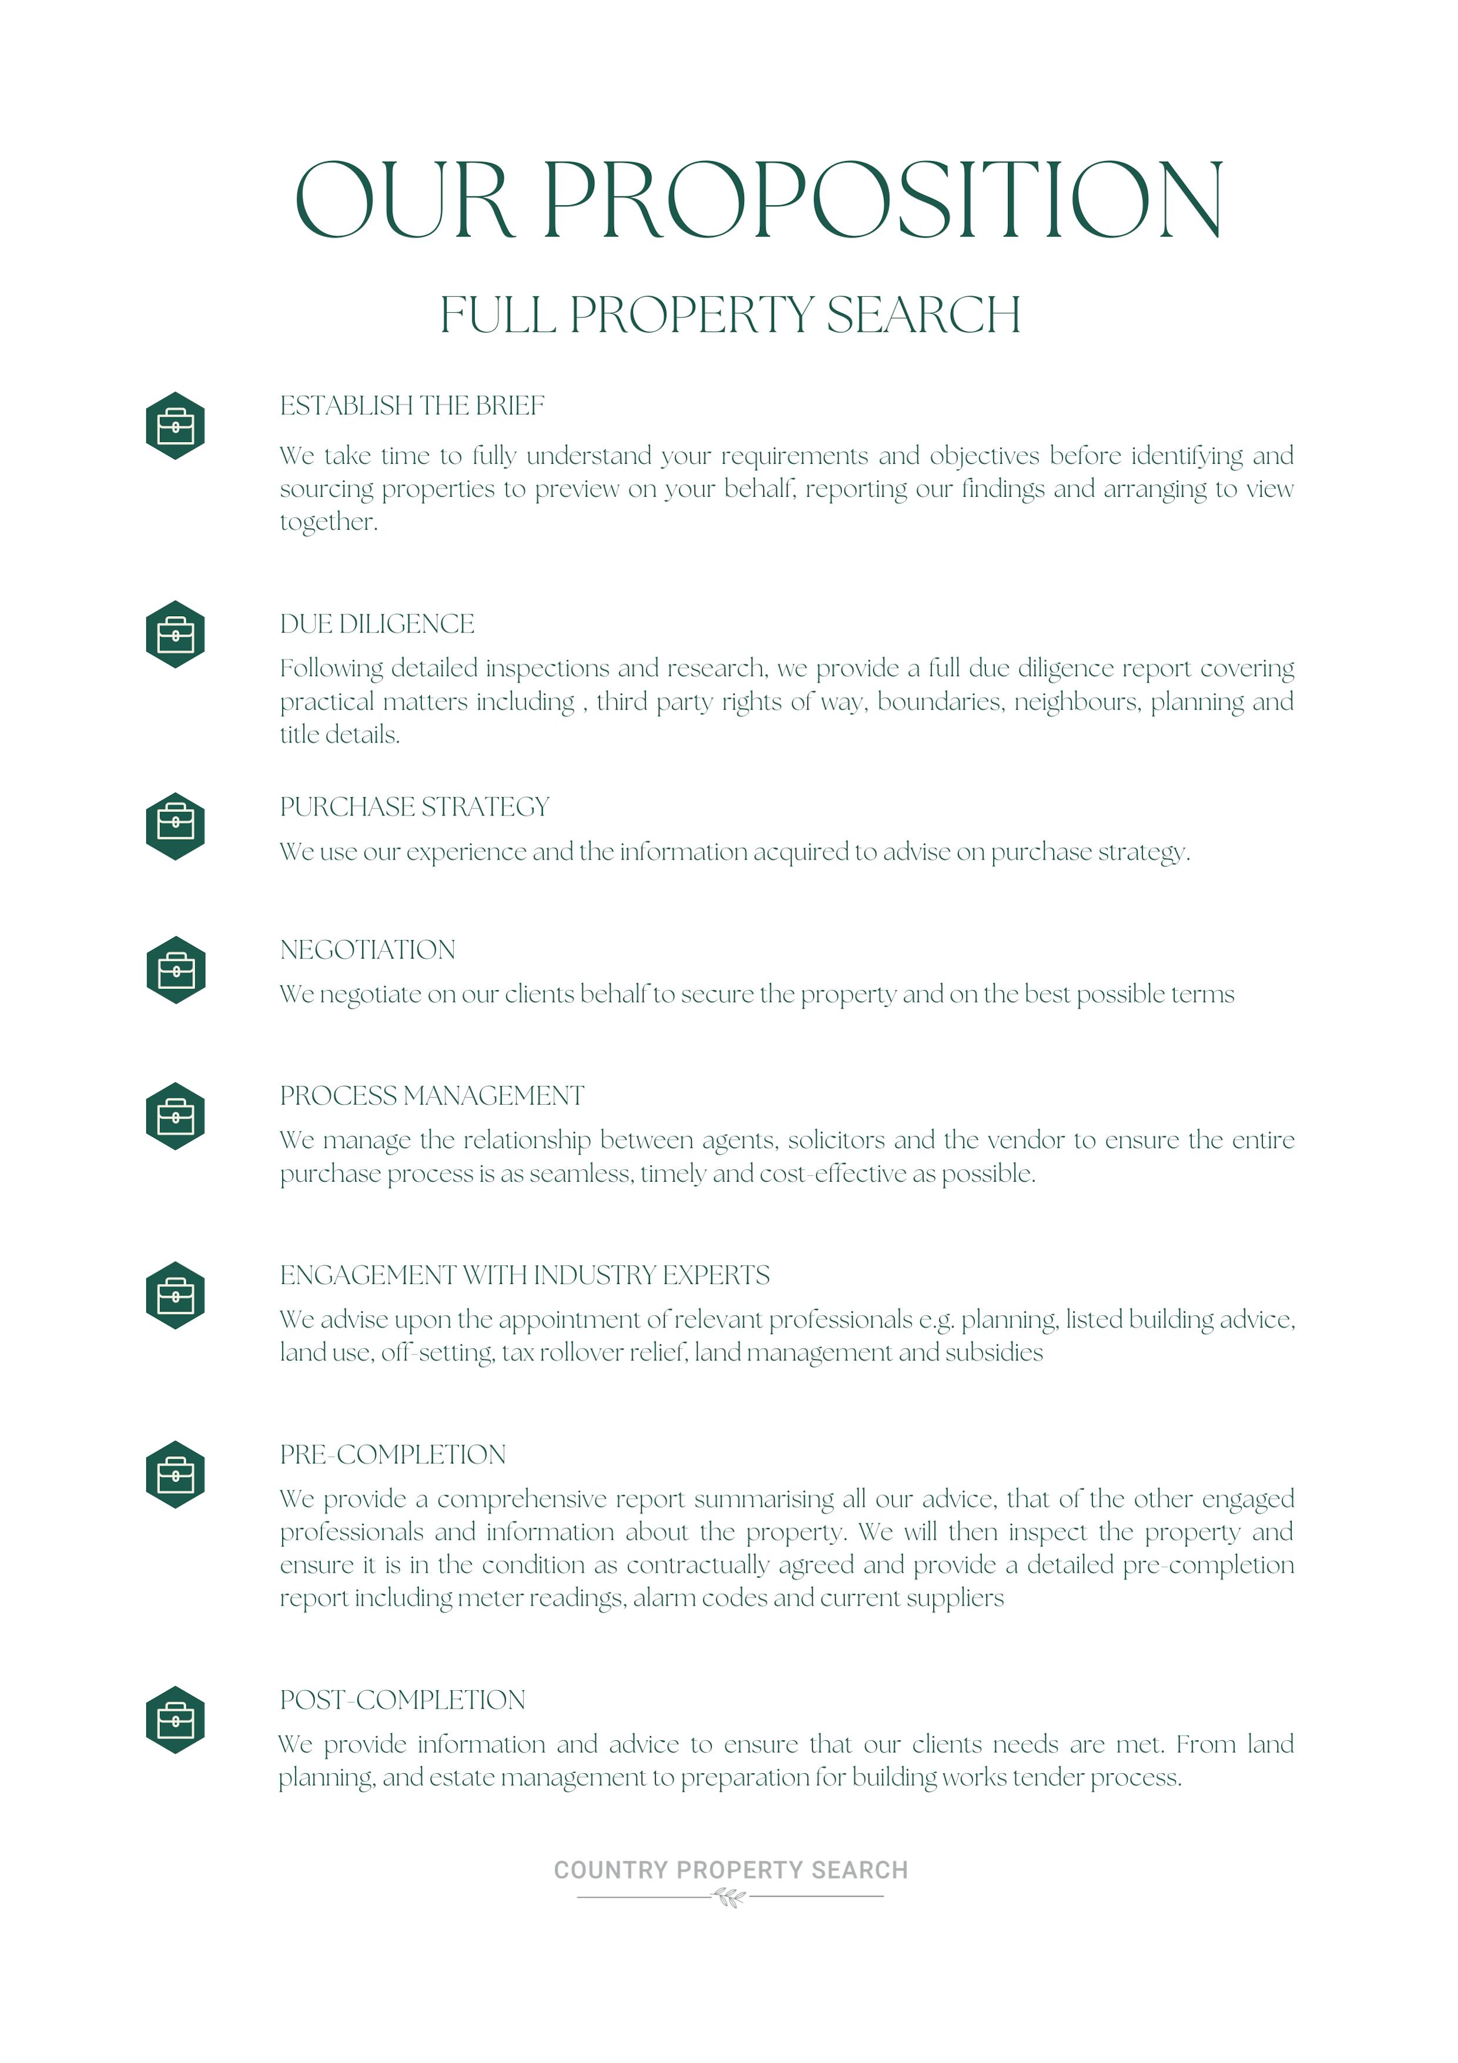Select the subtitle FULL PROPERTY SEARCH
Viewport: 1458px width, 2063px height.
pos(729,315)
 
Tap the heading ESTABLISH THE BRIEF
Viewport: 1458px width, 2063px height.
pos(411,406)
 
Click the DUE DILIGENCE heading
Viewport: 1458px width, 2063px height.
pos(377,624)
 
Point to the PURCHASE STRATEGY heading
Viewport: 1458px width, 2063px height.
pos(414,807)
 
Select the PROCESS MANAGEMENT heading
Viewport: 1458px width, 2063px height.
pos(431,1096)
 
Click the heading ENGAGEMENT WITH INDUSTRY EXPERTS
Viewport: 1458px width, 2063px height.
pos(525,1275)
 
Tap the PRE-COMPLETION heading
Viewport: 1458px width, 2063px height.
pos(393,1455)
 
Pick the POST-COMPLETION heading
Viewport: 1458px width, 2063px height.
pos(403,1700)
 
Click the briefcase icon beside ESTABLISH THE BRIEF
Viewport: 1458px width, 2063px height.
pos(175,426)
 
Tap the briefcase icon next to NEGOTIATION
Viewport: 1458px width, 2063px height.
pos(176,971)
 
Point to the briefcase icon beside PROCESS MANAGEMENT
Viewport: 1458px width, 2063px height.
pos(175,1116)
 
